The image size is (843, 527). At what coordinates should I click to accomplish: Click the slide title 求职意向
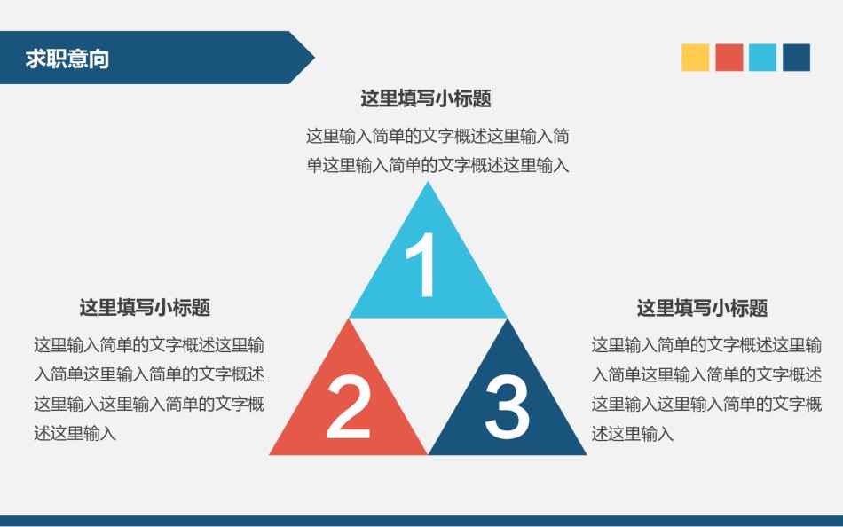[67, 59]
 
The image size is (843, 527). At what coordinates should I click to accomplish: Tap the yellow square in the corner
[696, 58]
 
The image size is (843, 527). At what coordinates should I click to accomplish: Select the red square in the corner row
[729, 58]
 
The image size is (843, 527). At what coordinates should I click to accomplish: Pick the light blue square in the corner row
[762, 58]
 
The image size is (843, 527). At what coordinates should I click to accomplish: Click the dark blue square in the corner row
[797, 58]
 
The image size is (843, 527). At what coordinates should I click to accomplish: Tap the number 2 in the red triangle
[348, 407]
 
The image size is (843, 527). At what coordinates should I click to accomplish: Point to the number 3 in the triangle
[508, 407]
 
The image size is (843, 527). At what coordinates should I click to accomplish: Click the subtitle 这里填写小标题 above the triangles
[426, 98]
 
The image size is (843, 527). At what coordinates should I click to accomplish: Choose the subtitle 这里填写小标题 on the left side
[145, 308]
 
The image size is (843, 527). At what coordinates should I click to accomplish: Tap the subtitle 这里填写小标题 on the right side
[702, 308]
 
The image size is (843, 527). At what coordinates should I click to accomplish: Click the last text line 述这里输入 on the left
[75, 434]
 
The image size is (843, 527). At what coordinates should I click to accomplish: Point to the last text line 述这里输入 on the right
[633, 434]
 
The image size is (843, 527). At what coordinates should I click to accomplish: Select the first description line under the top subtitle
[437, 137]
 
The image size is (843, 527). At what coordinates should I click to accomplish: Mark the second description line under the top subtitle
[437, 165]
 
